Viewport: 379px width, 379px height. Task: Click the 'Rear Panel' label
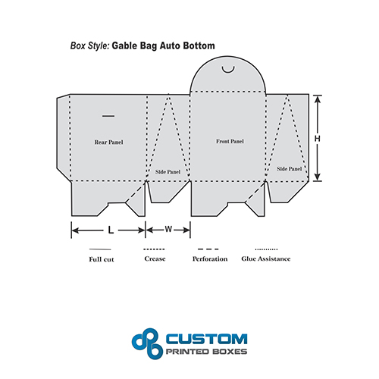click(x=108, y=143)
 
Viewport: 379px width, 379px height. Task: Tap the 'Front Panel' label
click(x=230, y=141)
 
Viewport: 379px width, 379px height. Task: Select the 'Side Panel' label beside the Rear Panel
click(x=168, y=172)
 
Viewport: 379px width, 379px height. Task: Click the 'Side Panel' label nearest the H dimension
click(x=289, y=169)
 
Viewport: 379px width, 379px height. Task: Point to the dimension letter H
click(x=318, y=139)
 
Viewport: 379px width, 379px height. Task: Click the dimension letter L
click(x=111, y=230)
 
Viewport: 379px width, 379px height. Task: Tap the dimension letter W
click(x=168, y=229)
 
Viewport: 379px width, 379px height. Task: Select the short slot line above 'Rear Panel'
click(x=108, y=116)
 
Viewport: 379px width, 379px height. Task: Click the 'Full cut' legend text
click(x=102, y=259)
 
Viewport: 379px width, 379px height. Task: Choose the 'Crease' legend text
click(x=155, y=258)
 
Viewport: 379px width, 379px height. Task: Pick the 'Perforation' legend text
click(x=210, y=259)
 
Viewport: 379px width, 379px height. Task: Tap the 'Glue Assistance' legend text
click(x=266, y=258)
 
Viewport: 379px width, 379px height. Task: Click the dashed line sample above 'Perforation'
click(x=208, y=249)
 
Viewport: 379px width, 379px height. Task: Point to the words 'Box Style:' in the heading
click(x=89, y=45)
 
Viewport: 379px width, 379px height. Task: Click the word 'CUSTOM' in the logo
click(x=206, y=339)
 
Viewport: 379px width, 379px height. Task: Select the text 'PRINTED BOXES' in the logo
click(x=206, y=352)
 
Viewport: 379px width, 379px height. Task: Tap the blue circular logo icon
click(x=147, y=343)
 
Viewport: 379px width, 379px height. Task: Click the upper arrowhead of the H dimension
click(x=318, y=99)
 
